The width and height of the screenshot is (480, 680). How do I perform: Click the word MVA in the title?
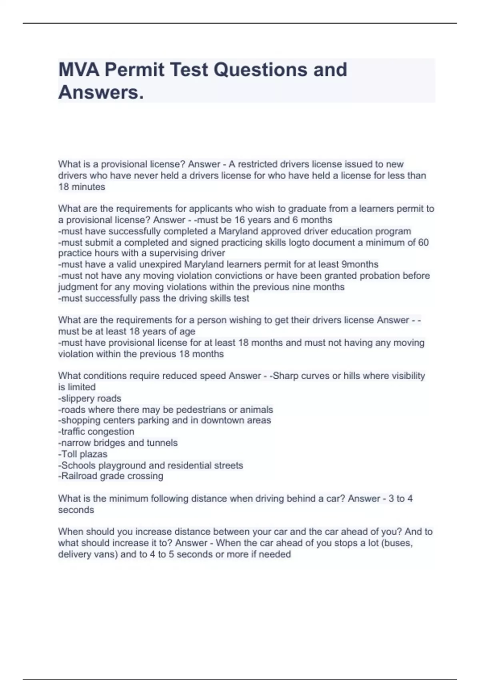(78, 70)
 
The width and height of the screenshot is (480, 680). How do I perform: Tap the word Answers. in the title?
(101, 93)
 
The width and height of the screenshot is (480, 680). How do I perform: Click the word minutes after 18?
(88, 187)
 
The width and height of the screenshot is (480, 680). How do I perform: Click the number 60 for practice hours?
(423, 242)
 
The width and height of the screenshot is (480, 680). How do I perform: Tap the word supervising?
(173, 253)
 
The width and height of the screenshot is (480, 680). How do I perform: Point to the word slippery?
(77, 398)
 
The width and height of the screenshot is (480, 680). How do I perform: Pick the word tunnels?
(162, 443)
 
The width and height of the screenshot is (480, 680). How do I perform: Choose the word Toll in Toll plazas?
(68, 454)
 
